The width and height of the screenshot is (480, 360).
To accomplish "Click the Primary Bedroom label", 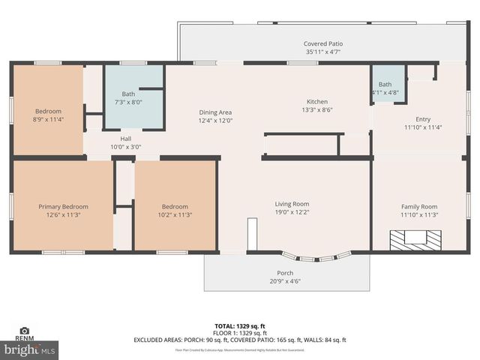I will pyautogui.click(x=64, y=206).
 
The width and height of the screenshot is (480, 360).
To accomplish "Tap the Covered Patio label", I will pyautogui.click(x=322, y=43).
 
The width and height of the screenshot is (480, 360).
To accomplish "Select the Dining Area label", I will pyautogui.click(x=215, y=112).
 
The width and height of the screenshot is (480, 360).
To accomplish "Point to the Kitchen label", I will pyautogui.click(x=317, y=101).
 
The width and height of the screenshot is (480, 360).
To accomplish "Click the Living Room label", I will pyautogui.click(x=291, y=203).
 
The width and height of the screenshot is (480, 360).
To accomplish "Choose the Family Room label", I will pyautogui.click(x=418, y=206).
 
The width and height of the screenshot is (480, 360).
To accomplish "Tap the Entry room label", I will pyautogui.click(x=423, y=119).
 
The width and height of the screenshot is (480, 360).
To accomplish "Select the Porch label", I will pyautogui.click(x=285, y=272).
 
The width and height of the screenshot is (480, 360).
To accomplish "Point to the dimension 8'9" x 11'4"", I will pyautogui.click(x=49, y=118).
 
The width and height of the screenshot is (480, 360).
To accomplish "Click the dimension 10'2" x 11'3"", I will pyautogui.click(x=175, y=214).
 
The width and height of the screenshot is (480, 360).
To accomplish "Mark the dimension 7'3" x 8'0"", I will pyautogui.click(x=129, y=101).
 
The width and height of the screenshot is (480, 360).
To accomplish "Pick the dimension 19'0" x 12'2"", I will pyautogui.click(x=291, y=211).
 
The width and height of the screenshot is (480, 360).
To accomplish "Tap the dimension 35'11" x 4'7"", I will pyautogui.click(x=322, y=52).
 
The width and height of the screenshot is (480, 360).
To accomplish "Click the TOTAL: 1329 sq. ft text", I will pyautogui.click(x=240, y=326).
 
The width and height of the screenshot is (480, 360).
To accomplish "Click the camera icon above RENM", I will pyautogui.click(x=24, y=330).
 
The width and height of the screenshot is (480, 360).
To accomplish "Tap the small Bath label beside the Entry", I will pyautogui.click(x=385, y=84).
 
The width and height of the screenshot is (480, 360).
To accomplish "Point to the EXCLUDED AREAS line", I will pyautogui.click(x=240, y=340).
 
